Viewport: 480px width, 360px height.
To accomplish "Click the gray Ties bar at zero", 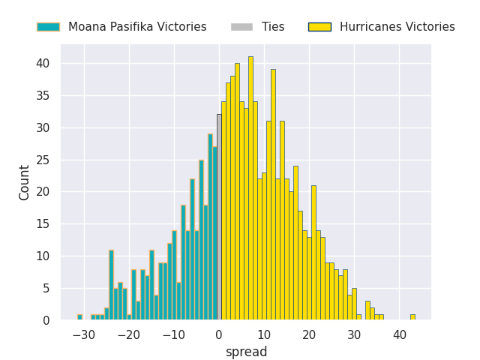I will coord(219,217).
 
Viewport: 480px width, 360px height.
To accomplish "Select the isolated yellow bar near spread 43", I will coord(412,317).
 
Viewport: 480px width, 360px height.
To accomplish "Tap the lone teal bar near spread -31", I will coord(79,317).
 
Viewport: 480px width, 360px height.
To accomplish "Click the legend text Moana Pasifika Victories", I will coord(137,27).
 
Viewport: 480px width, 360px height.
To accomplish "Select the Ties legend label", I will coord(273,27).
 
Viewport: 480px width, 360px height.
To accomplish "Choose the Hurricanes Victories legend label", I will coord(397,27).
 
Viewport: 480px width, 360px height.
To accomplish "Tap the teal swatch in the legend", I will coord(48,27).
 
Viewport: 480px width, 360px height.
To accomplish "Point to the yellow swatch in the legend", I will coord(319,27).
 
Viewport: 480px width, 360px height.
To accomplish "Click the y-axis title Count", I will coord(25,182).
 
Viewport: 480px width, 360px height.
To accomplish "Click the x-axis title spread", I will coord(246,352).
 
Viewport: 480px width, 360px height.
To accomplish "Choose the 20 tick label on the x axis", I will coord(309,334).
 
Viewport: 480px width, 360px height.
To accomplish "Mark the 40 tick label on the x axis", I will coord(399,334).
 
